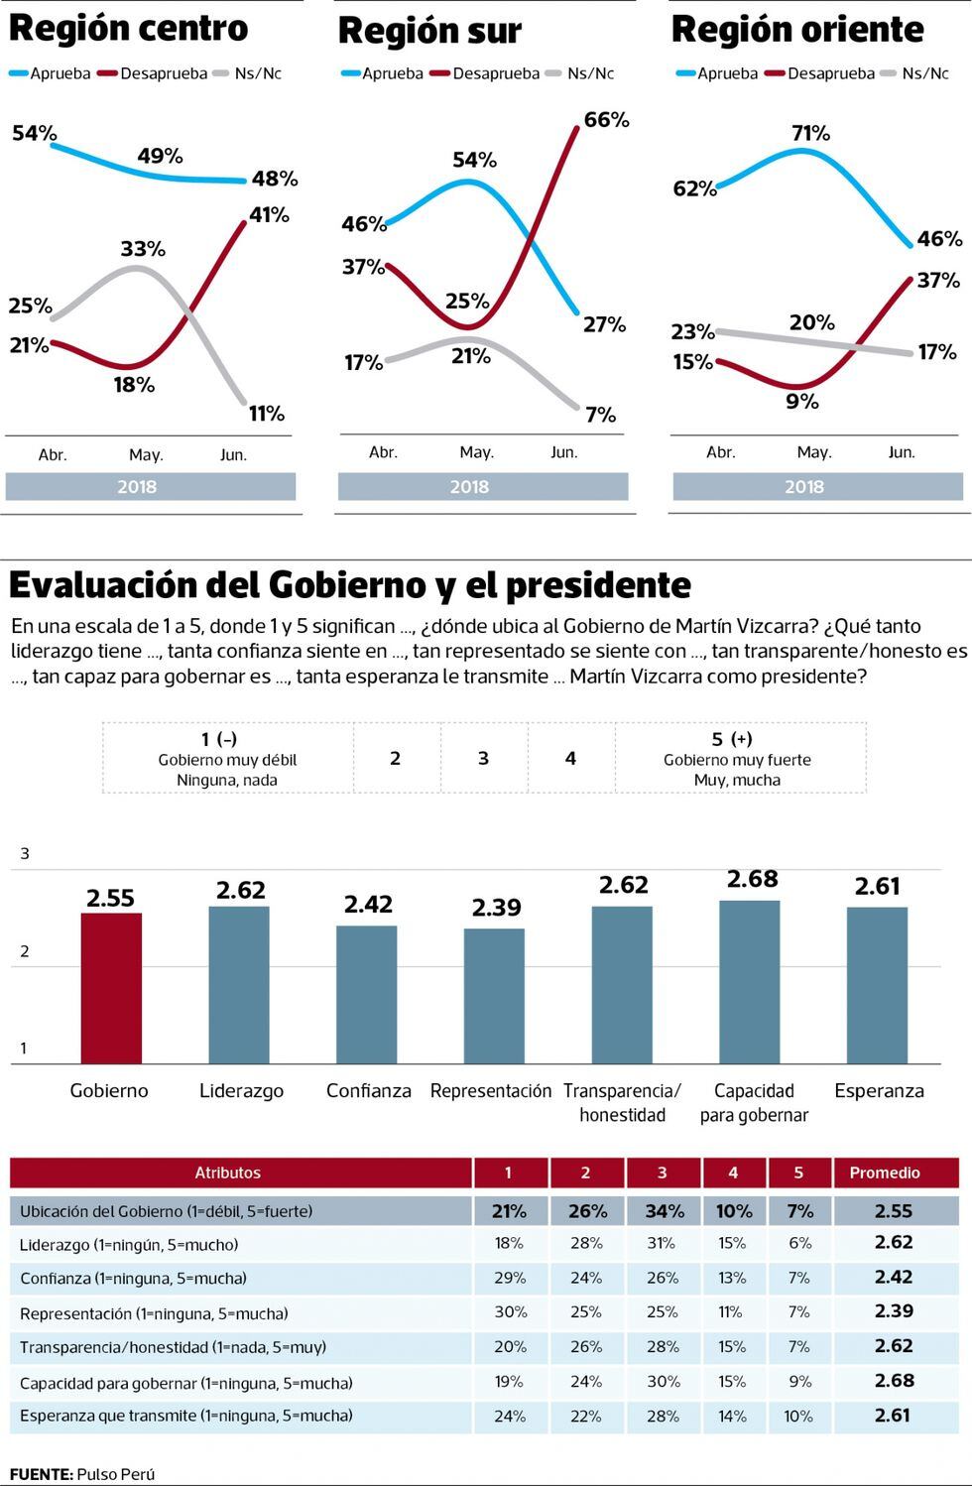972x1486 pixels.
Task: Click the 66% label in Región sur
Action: point(606,120)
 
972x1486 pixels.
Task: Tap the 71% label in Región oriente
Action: point(810,133)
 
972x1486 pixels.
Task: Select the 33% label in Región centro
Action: point(143,249)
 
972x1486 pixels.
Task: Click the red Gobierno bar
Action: point(110,988)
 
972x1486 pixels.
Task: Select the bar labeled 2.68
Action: point(750,982)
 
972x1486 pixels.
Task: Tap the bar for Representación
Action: point(494,996)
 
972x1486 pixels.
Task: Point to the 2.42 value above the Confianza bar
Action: point(368,904)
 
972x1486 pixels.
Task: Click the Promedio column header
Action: point(885,1173)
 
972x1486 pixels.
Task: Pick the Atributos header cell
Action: point(228,1173)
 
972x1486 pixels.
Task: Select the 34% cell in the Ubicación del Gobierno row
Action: point(664,1211)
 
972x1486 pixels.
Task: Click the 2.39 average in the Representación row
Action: point(894,1311)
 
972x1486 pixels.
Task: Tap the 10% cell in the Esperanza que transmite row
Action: point(798,1417)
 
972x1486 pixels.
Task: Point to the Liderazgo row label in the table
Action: point(129,1244)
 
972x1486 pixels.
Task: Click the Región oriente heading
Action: point(797,30)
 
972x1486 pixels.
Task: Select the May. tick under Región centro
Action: point(146,455)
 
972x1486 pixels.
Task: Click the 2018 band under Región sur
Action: point(470,486)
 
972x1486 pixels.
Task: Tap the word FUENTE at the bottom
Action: point(41,1474)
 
